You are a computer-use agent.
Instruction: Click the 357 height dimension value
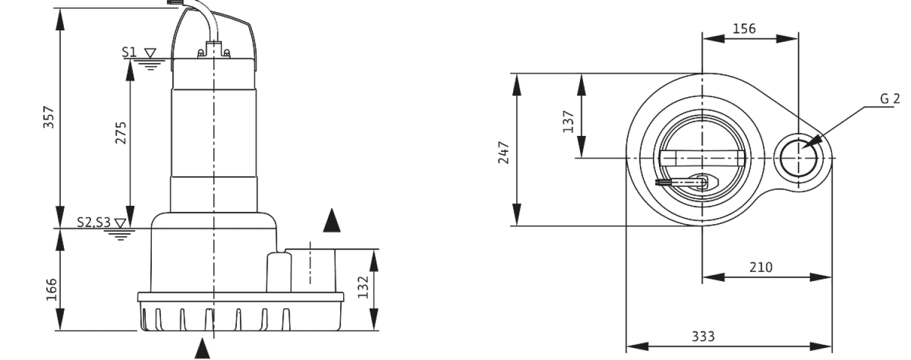tap(49, 117)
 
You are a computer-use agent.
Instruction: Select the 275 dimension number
tap(121, 133)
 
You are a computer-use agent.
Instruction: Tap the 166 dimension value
tap(52, 290)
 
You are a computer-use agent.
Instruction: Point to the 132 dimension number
tap(363, 287)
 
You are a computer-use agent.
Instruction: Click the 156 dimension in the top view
tap(744, 29)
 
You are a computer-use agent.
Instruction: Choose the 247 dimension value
tap(503, 152)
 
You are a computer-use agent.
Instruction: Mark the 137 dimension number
tap(568, 121)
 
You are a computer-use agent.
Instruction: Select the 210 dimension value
tap(761, 267)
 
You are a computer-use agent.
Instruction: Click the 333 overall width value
tap(703, 336)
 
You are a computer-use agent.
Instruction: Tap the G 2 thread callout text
tap(890, 99)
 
